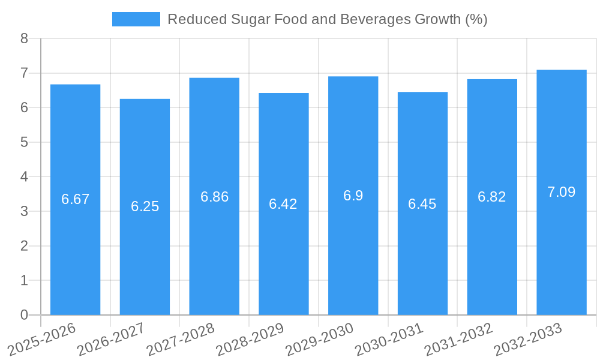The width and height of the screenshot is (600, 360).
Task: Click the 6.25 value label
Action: [145, 206]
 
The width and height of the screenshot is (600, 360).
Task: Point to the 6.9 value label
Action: [353, 196]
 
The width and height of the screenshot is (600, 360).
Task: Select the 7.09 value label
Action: [561, 192]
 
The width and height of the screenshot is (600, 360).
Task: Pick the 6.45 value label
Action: [422, 204]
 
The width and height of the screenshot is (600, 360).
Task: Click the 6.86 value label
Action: [214, 197]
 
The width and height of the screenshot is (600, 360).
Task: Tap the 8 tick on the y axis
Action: [24, 39]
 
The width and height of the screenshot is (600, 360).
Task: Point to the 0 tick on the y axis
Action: [24, 315]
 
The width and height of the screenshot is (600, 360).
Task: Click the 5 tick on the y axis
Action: [24, 142]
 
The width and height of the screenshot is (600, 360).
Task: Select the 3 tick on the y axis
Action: [24, 211]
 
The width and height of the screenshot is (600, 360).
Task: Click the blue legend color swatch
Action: [136, 19]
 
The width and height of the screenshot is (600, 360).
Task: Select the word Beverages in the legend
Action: [376, 19]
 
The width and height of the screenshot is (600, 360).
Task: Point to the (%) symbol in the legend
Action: [476, 19]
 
